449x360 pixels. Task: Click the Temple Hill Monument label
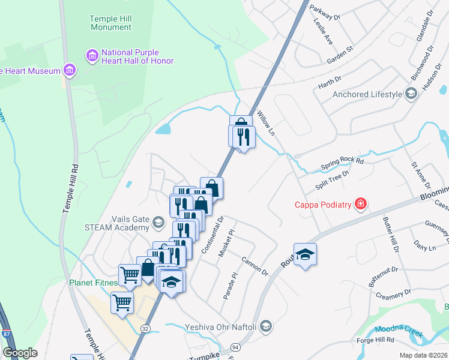pyautogui.click(x=110, y=23)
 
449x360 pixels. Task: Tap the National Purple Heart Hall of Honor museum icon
pyautogui.click(x=92, y=56)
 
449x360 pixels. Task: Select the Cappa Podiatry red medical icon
pyautogui.click(x=360, y=205)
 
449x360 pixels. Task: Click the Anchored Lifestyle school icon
pyautogui.click(x=411, y=94)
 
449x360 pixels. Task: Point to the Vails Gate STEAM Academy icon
pyautogui.click(x=158, y=223)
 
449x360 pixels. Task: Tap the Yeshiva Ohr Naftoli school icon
pyautogui.click(x=267, y=326)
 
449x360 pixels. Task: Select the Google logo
pyautogui.click(x=20, y=352)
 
